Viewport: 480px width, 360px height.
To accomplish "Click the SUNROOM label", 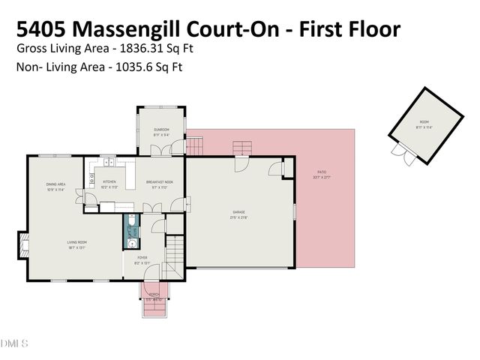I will [x=162, y=130].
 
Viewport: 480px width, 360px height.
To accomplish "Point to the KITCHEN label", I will [x=109, y=182].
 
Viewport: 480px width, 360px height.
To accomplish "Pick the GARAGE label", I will [x=238, y=214].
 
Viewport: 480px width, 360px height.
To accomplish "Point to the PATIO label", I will [x=321, y=173].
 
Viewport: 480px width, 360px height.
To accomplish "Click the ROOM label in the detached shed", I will [x=424, y=121].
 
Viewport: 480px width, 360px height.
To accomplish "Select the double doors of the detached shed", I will [x=402, y=154].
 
